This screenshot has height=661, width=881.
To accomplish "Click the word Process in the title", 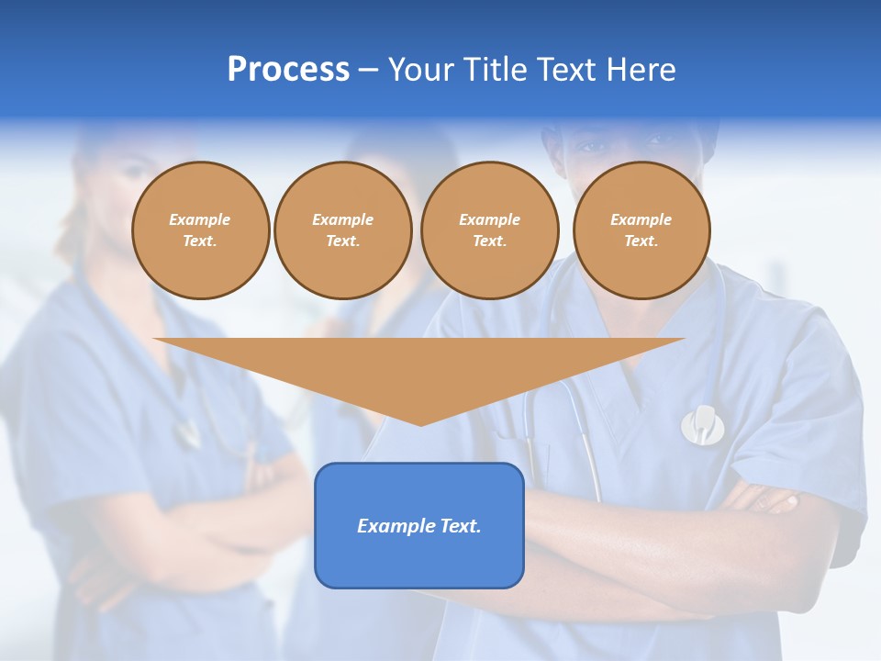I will pos(288,70).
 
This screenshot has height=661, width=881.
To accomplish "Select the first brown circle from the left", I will pos(200,230).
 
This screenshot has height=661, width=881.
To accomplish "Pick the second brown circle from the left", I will pos(342,230).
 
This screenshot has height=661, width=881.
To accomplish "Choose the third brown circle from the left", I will pos(489,230).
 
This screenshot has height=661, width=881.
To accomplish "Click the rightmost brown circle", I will pos(641,230).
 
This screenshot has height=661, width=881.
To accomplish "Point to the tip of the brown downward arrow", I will pos(420,423).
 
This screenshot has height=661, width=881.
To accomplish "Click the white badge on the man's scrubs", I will pos(702,424).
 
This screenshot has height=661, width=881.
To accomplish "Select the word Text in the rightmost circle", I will pos(641,241).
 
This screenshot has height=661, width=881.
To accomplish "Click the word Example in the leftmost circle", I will pos(200,219).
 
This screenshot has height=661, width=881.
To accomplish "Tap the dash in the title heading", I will pos(368,70).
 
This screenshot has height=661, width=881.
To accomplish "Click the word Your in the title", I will pos(420,70).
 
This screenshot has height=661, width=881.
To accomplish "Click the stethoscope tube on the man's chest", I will pos(587,441).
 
